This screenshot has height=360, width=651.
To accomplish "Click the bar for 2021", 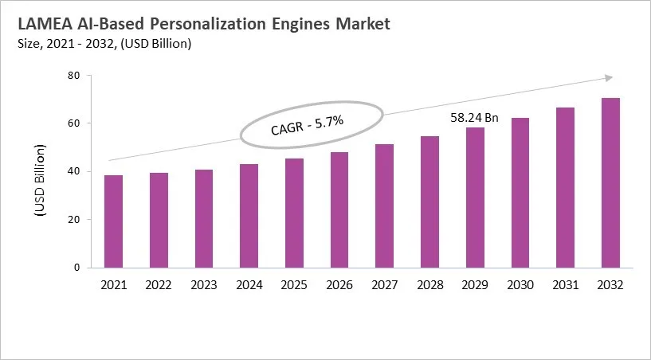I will pos(113,221).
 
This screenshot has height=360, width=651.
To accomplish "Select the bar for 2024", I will pos(249,216).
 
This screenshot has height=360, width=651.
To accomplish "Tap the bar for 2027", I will pos(385,205).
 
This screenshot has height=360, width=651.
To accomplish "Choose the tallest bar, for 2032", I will pos(610,183).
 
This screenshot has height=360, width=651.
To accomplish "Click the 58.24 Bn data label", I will pos(474,118).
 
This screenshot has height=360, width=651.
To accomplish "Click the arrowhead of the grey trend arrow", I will pos(608,77).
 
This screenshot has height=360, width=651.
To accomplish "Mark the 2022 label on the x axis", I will pos(159,284).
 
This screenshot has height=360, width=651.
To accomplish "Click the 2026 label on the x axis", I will pos(339,284).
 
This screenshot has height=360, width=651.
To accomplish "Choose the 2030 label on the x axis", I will pos(520,284).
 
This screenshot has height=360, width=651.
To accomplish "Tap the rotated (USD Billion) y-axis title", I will pos(38,182).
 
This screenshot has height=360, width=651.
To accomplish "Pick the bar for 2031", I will pos(565,187).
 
